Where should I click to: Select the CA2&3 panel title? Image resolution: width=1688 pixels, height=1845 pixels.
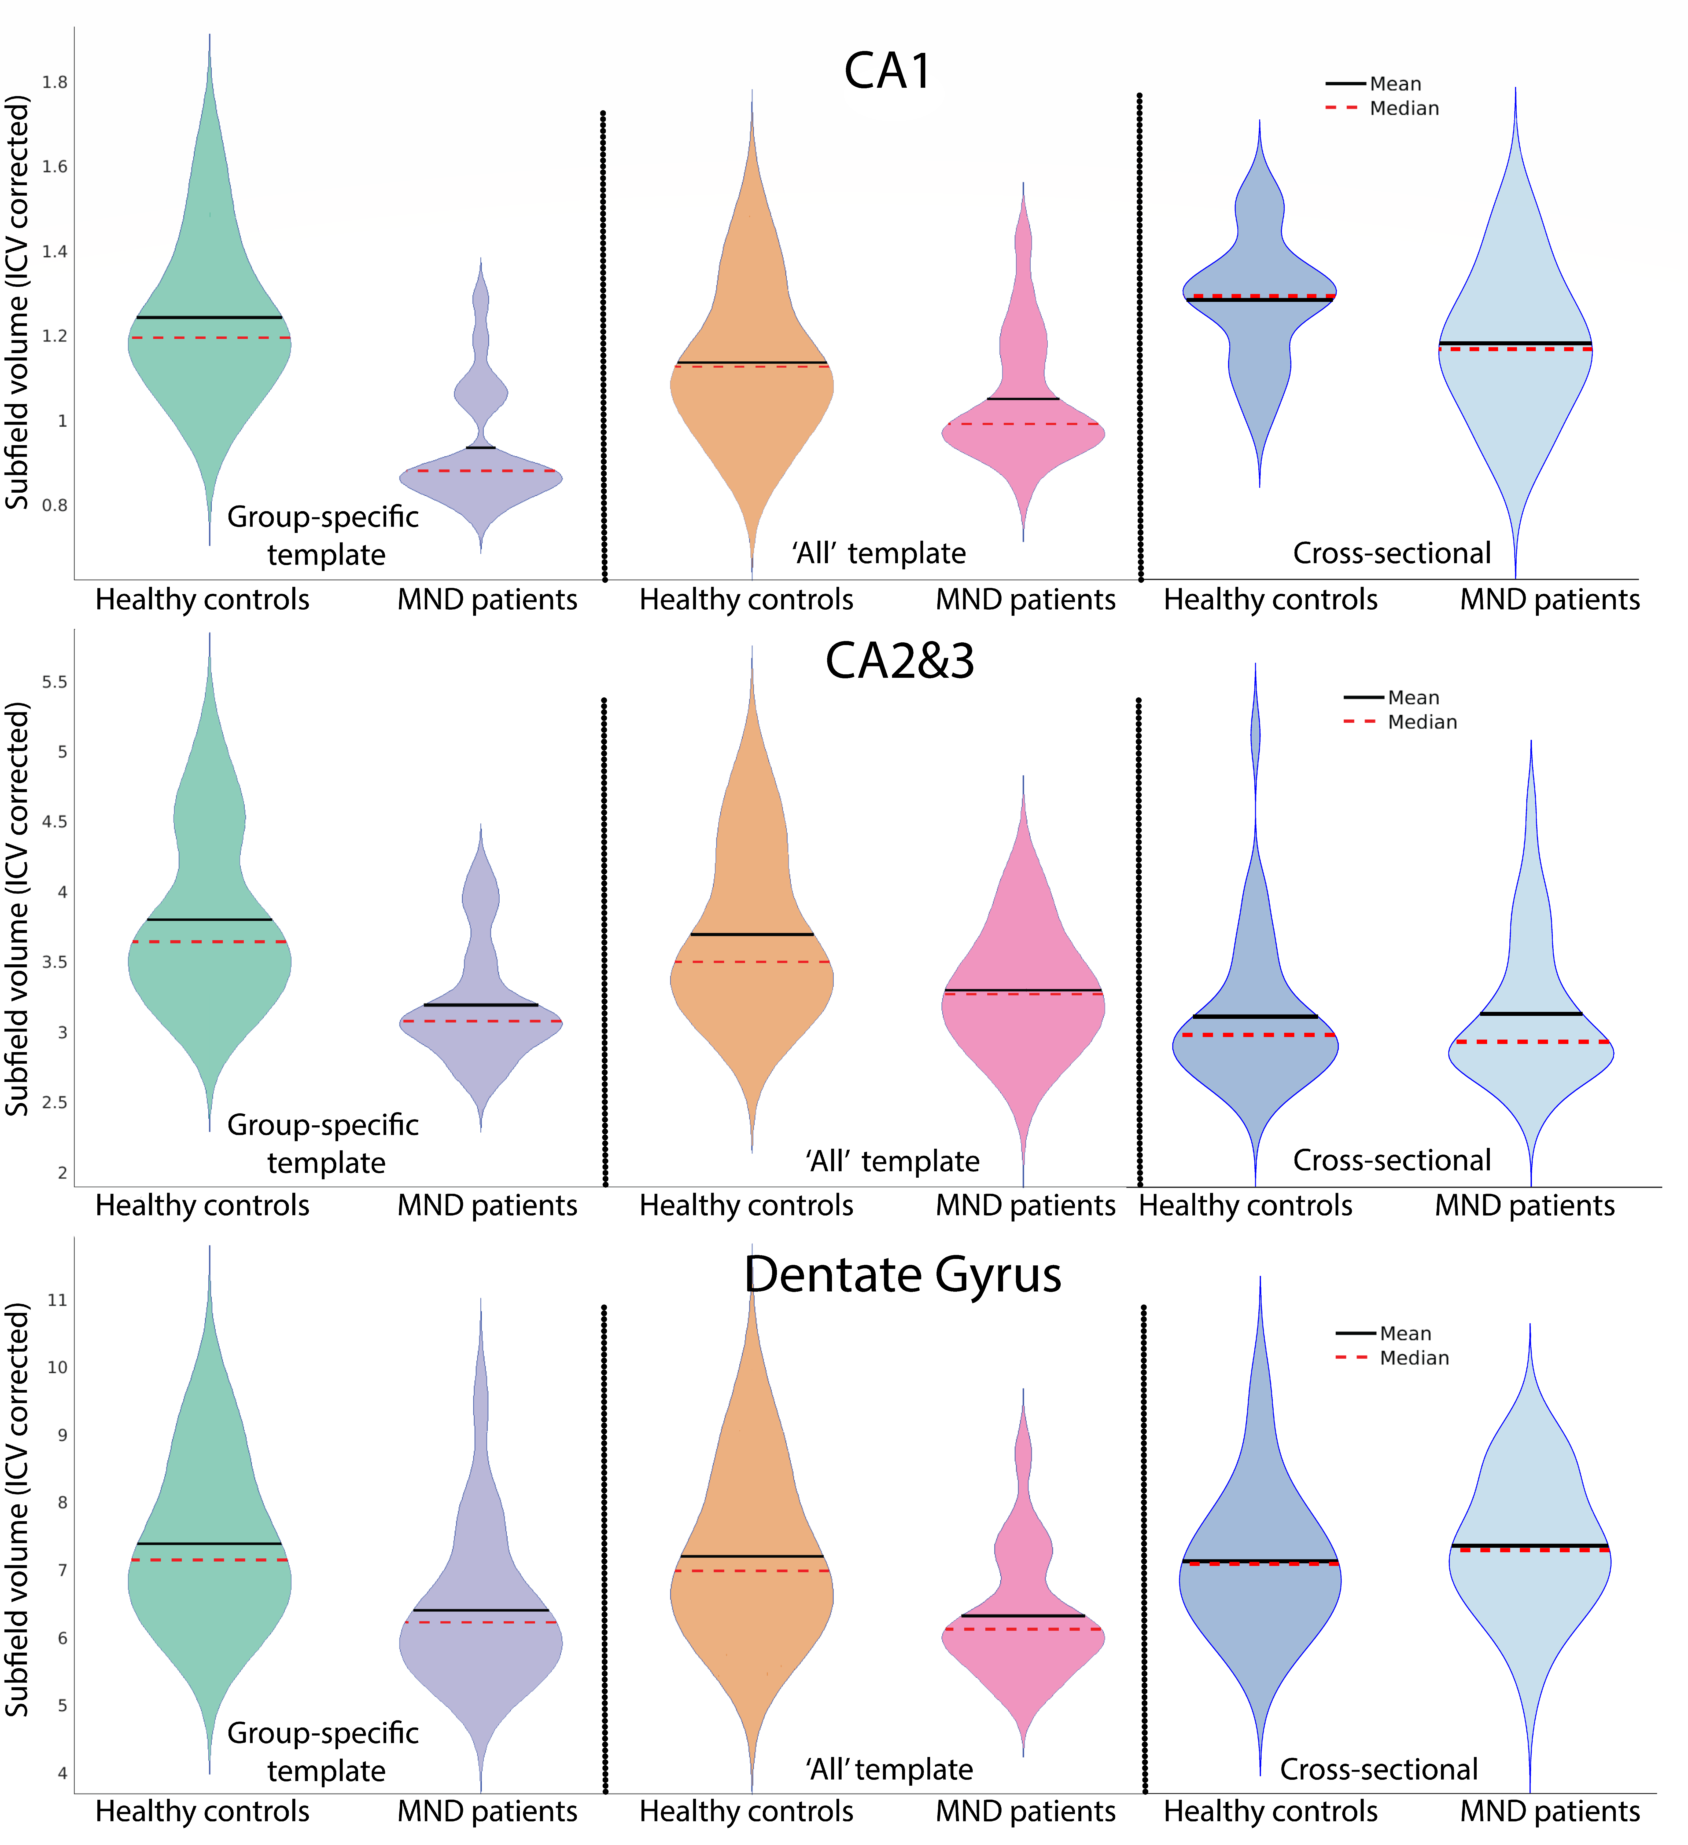(x=899, y=661)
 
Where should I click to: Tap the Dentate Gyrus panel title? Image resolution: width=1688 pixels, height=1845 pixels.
(x=902, y=1274)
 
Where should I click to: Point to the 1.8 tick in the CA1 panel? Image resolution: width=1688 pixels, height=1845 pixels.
(x=55, y=82)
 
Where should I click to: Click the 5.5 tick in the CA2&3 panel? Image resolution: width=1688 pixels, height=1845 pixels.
(x=55, y=682)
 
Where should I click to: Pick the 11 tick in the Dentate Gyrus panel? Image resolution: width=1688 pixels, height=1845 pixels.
(x=57, y=1299)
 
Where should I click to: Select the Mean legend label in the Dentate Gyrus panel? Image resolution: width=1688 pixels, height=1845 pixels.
(x=1405, y=1333)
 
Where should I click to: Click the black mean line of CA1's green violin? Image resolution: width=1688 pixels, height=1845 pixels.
(x=209, y=318)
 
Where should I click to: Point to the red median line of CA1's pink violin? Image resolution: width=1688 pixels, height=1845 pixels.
(x=1023, y=424)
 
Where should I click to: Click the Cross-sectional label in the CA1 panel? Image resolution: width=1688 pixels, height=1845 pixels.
(x=1392, y=553)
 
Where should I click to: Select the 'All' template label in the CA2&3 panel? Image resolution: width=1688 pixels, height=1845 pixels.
(x=892, y=1161)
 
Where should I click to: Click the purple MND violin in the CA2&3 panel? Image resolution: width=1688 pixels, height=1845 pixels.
(x=480, y=1043)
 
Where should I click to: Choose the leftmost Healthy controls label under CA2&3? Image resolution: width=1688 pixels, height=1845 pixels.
(x=202, y=1205)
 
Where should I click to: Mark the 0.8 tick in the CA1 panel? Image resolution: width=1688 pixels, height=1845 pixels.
(x=55, y=505)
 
